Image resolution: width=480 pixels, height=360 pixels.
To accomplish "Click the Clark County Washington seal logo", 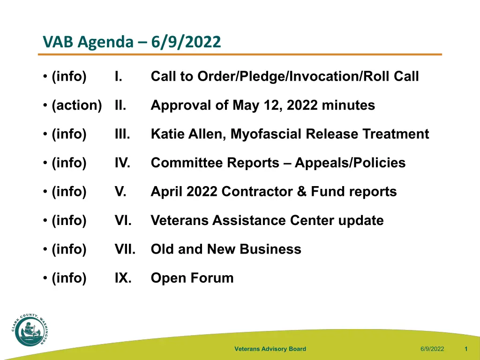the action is pos(30,330).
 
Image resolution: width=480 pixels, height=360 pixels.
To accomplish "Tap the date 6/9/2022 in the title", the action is pos(186,42).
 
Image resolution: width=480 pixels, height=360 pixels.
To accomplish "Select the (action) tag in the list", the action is pos(76,105).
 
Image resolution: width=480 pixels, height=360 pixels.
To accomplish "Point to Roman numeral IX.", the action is pos(123,278).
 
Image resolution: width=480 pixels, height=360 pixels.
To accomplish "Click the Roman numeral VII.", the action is pos(125,249).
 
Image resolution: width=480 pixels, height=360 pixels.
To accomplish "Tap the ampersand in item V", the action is pos(301,192).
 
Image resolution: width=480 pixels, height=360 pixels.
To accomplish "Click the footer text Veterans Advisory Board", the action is pos(270,349).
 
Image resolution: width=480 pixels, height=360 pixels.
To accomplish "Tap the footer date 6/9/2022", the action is pos(432,349).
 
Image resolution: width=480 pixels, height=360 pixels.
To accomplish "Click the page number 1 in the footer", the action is pos(466,349).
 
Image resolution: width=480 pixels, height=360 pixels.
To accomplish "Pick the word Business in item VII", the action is pos(270,249).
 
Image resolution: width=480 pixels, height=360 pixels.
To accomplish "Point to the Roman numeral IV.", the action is pos(122,163).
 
